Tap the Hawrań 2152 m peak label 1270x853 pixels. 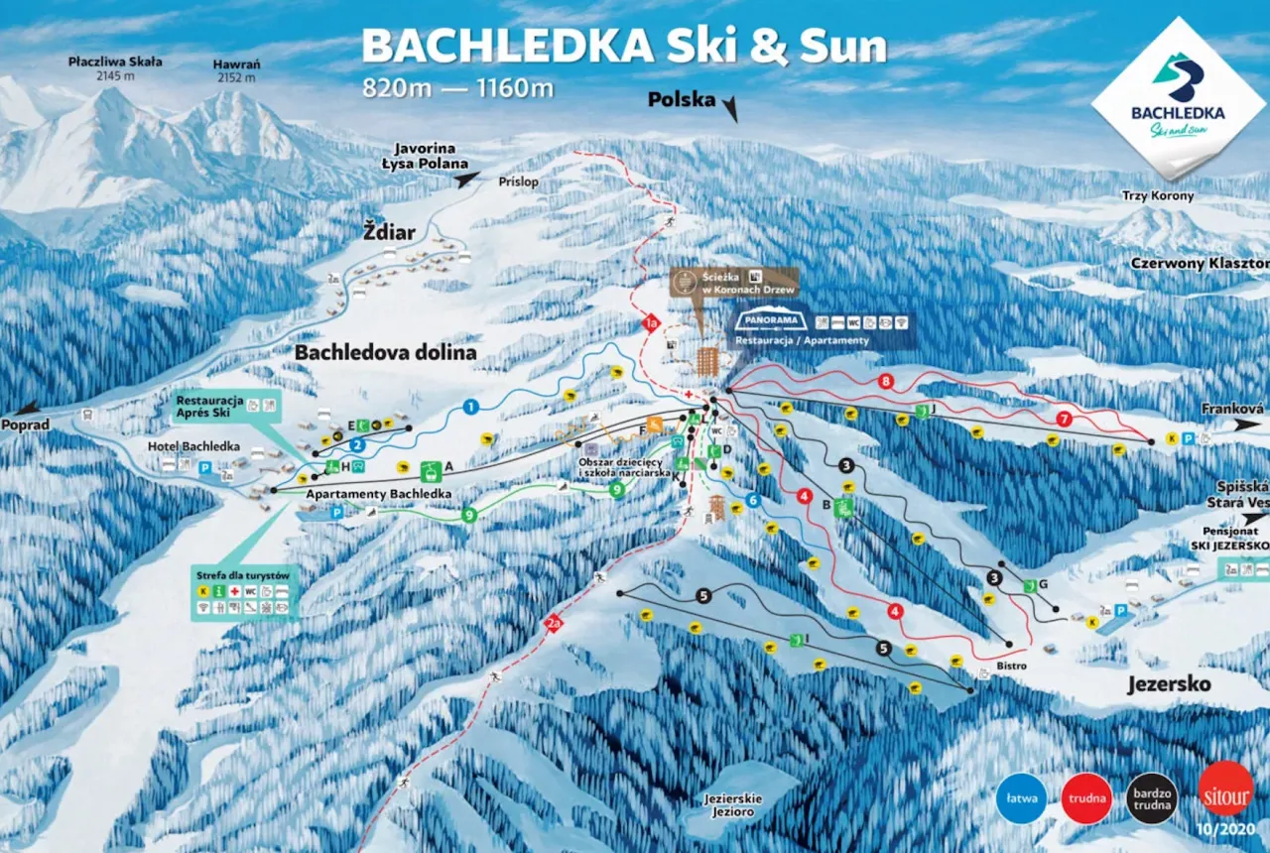(x=236, y=71)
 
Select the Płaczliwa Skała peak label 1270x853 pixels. (x=115, y=68)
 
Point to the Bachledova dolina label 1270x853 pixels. (x=385, y=352)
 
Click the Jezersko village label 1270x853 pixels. (x=1169, y=684)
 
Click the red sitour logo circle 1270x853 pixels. (x=1226, y=789)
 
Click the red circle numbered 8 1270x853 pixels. (x=886, y=381)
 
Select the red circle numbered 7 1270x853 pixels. (x=1064, y=419)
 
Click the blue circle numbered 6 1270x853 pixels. (x=753, y=501)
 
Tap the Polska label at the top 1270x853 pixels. (x=682, y=99)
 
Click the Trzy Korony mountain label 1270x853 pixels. (x=1158, y=196)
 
